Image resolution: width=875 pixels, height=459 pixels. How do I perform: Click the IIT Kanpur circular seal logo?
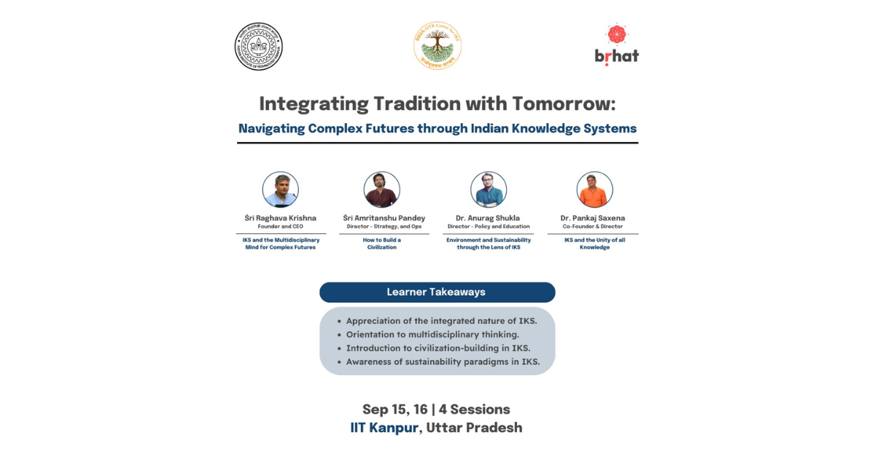point(258,47)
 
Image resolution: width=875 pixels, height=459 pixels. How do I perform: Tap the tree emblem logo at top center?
point(437,46)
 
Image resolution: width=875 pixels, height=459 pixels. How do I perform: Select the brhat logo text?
point(616,56)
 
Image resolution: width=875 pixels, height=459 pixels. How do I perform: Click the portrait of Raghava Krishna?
point(281,189)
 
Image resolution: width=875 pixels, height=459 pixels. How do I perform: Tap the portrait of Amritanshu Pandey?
point(382,189)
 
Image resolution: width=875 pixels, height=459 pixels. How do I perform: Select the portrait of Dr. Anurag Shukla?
point(489,189)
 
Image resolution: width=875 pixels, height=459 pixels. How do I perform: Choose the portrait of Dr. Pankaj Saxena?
point(594,189)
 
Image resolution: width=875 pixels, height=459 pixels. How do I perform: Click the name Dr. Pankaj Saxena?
point(593,218)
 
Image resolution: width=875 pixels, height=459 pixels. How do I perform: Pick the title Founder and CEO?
point(281,227)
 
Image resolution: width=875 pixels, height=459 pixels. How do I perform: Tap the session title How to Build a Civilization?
point(382,243)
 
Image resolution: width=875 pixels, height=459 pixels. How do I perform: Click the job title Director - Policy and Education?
point(489,227)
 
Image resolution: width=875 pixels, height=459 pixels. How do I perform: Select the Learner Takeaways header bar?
point(437,292)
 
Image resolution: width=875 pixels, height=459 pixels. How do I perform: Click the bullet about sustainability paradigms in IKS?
point(443,361)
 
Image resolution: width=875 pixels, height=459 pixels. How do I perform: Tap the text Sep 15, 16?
point(394,409)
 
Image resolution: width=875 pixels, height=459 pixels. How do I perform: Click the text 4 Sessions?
point(475,409)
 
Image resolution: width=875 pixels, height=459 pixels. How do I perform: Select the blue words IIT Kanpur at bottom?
point(384,428)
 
